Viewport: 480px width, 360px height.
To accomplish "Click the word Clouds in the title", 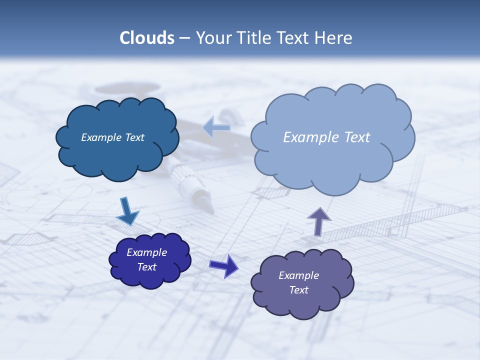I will click(147, 38).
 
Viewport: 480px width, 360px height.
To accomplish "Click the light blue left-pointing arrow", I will click(216, 127).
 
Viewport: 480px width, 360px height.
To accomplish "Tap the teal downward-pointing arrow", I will click(127, 211).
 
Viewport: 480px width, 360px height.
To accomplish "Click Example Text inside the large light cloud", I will click(326, 137).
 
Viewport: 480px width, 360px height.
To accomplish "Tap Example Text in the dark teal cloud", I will click(112, 137).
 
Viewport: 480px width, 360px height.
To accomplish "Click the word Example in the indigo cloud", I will click(146, 252).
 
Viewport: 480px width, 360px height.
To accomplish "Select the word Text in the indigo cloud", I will click(146, 267).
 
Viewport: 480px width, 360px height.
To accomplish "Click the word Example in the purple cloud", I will click(298, 275).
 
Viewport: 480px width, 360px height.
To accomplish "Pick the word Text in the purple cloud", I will click(298, 290).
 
